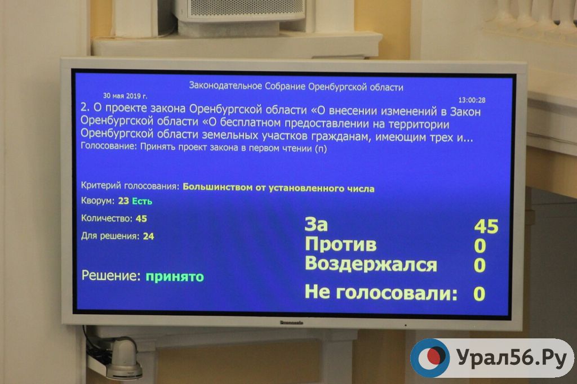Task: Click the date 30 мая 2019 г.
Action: (125, 96)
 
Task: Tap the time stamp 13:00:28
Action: (472, 100)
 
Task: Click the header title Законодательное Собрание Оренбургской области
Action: (296, 87)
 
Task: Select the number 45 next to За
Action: (486, 226)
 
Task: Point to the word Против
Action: (340, 244)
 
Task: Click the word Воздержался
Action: (371, 264)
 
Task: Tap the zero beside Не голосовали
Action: (479, 294)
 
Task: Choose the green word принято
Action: (175, 276)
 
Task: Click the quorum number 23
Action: (123, 201)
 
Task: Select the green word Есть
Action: (142, 201)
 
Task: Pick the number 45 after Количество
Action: (141, 218)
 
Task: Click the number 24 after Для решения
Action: (148, 236)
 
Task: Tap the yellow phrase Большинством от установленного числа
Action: (278, 188)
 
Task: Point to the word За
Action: (316, 224)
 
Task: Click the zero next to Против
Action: (480, 245)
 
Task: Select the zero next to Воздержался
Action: (480, 265)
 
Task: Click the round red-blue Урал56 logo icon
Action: (430, 358)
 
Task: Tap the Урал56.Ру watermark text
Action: (512, 358)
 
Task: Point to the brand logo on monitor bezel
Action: (291, 323)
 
